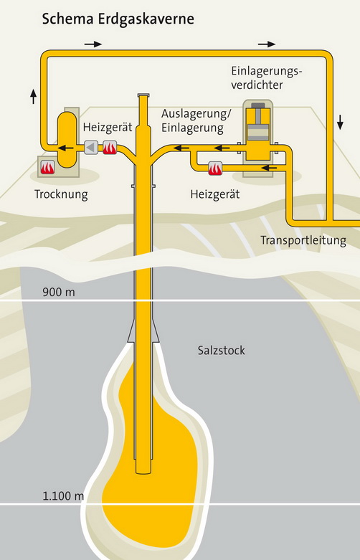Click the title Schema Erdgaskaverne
pos(118,19)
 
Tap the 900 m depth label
pos(59,292)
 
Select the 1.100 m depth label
pos(63,496)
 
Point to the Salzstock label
pos(222,351)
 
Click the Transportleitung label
pos(303,240)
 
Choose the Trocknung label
pos(61,194)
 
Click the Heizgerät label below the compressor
pos(215,194)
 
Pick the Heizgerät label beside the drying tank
pos(108,127)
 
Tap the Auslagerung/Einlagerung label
pos(196,120)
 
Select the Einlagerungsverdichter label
pos(267,78)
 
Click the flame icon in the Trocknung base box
pos(47,167)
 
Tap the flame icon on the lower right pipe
pos(215,169)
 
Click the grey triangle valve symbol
pos(91,148)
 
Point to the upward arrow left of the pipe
pos(34,96)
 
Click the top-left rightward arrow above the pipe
pos(93,44)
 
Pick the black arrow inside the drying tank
pos(66,148)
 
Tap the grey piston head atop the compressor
pos(258,105)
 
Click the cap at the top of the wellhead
pos(143,95)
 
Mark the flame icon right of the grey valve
pos(110,148)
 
